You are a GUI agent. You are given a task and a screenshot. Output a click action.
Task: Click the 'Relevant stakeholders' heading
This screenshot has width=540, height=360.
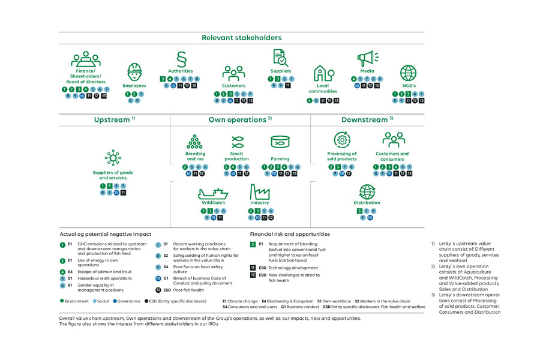[241, 38]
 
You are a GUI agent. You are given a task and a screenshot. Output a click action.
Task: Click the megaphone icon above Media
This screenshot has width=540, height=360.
[367, 59]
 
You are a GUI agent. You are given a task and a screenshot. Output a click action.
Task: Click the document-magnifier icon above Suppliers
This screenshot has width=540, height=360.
[280, 58]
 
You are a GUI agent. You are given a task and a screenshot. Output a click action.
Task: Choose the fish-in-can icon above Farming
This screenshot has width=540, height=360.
[280, 142]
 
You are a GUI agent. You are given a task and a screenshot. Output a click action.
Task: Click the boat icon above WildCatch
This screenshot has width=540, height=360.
[213, 193]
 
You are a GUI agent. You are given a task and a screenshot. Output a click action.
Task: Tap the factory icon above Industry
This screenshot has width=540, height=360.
[260, 192]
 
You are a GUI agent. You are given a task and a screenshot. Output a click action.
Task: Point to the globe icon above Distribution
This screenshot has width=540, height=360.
[367, 192]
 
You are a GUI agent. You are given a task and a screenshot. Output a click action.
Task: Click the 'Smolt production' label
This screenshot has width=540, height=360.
[236, 157]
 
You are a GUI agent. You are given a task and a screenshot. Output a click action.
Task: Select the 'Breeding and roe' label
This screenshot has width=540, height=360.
[195, 157]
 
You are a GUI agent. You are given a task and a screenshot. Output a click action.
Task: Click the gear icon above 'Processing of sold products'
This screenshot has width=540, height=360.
[342, 140]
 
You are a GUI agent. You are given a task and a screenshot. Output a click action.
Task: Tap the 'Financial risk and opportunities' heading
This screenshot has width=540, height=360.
[290, 234]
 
